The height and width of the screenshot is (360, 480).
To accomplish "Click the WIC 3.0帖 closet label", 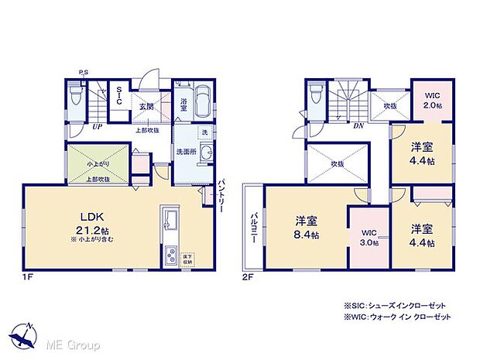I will tap(369, 236).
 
